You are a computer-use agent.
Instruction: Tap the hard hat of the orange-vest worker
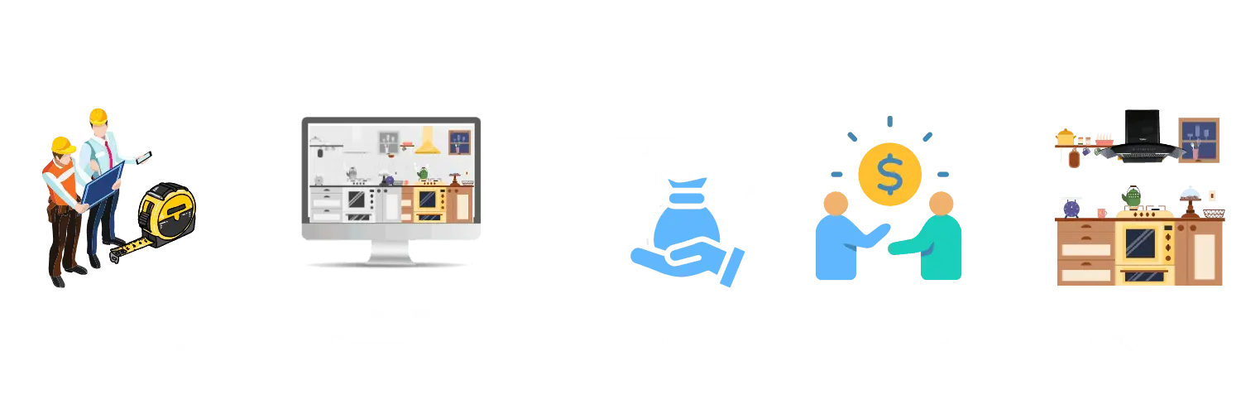(63, 146)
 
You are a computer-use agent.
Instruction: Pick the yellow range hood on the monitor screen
(428, 142)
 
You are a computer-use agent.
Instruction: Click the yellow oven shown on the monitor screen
(429, 201)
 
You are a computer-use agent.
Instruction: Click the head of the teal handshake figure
(941, 203)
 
